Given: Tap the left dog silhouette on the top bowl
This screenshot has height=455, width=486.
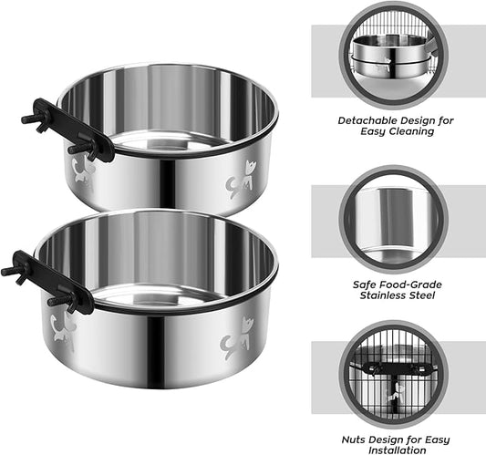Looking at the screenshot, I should (82, 171).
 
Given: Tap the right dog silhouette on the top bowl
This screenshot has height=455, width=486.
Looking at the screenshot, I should (243, 179).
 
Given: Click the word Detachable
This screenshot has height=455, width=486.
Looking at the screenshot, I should (370, 119).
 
